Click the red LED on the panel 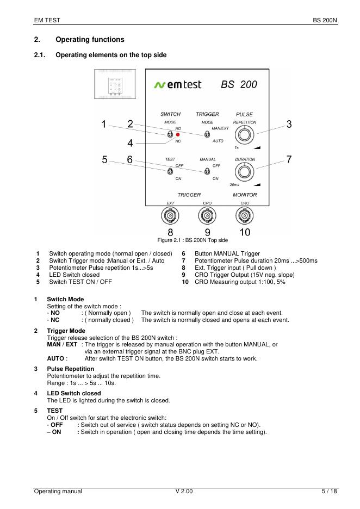click(x=178, y=134)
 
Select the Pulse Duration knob click(x=245, y=171)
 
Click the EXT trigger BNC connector click(x=170, y=217)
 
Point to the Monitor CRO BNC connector click(x=244, y=217)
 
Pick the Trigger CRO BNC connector click(x=207, y=217)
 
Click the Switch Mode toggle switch click(x=170, y=134)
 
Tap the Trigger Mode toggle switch click(x=207, y=134)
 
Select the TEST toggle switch click(x=170, y=171)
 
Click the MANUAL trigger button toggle click(x=207, y=171)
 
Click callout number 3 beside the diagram click(x=289, y=125)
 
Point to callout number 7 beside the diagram click(x=289, y=160)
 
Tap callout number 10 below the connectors click(x=245, y=233)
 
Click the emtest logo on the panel click(x=178, y=84)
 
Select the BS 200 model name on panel click(x=239, y=85)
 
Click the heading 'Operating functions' click(x=90, y=40)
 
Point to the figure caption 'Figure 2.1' click(x=193, y=240)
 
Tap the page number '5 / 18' click(x=330, y=492)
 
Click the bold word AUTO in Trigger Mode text click(x=55, y=358)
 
